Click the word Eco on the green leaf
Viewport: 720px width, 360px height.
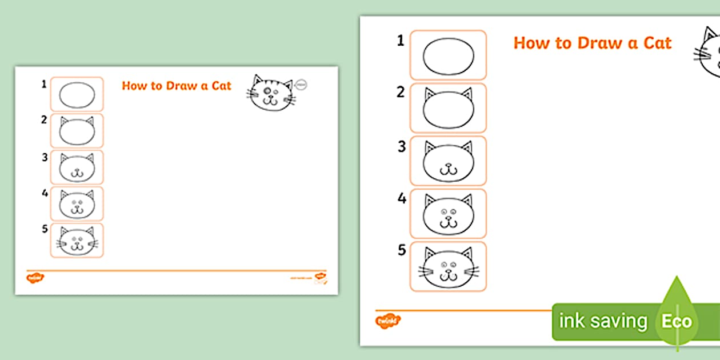coord(677,321)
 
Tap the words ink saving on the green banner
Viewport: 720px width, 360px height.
coord(603,321)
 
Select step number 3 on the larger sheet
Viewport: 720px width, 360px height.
coord(402,146)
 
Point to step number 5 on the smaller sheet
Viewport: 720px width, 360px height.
coord(44,230)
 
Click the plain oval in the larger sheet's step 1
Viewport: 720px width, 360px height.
coord(449,57)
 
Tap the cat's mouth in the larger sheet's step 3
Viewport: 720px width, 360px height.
coord(449,170)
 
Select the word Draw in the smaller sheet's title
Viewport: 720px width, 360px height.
coord(181,86)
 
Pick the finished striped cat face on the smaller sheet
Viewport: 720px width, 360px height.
coord(270,93)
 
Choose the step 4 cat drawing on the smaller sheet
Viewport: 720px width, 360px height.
coord(77,203)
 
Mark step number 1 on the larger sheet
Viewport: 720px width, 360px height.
coord(401,41)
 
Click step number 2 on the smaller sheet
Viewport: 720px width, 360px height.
coord(44,120)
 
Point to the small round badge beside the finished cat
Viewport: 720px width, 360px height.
coord(302,85)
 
